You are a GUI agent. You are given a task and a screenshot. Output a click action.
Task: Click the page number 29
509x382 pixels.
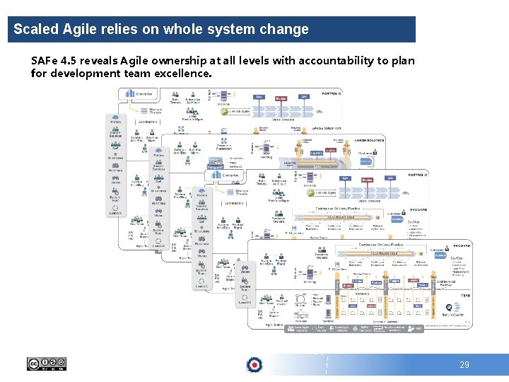[x=464, y=365]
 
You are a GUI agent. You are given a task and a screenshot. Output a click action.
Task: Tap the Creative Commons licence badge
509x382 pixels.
[x=46, y=364]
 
